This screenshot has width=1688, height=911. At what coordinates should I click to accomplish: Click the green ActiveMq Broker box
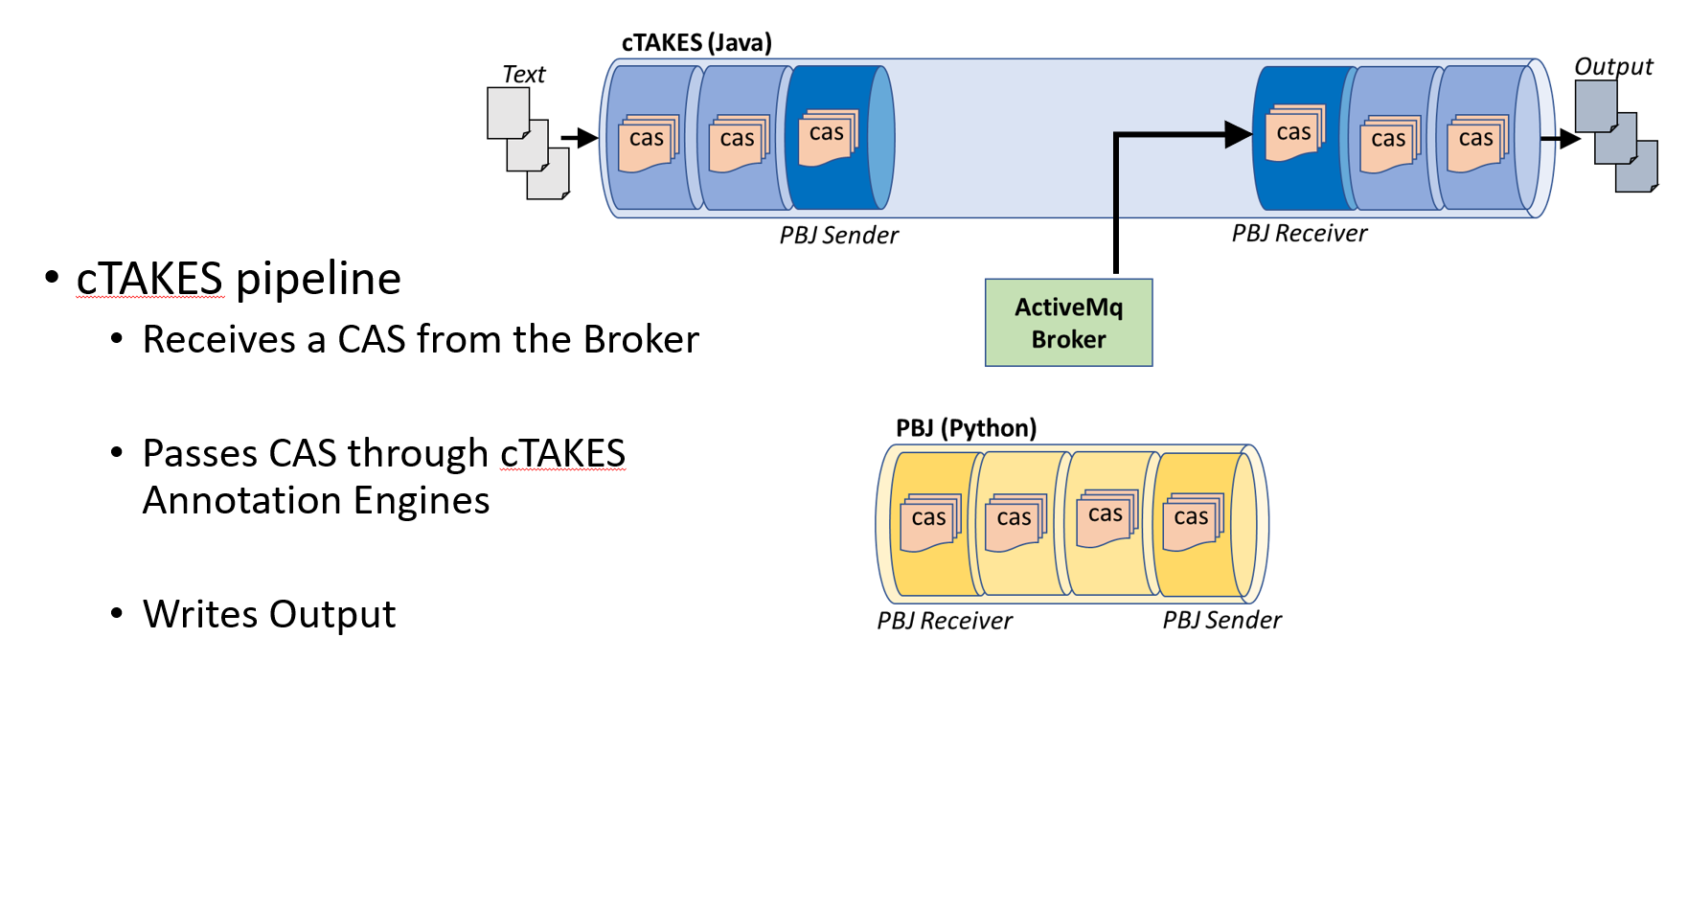coord(1068,323)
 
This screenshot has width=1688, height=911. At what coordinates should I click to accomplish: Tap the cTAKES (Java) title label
coord(696,43)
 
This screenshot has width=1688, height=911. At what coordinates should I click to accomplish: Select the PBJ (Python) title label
coord(966,428)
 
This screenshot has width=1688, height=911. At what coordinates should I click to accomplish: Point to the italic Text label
coord(523,75)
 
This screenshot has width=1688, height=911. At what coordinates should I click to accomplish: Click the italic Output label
coord(1613,67)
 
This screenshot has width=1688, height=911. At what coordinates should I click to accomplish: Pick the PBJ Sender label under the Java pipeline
coord(838,236)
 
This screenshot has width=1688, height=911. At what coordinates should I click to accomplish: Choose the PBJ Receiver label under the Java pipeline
coord(1299,234)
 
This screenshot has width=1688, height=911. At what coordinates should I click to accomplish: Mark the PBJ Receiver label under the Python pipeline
coord(945,622)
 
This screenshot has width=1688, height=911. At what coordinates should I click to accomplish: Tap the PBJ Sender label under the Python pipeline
coord(1221,621)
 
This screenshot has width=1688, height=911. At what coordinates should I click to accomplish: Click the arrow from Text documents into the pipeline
coord(580,138)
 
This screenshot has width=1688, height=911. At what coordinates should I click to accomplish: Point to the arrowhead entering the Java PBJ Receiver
coord(1239,135)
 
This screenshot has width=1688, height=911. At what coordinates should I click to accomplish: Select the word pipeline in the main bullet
coord(318,280)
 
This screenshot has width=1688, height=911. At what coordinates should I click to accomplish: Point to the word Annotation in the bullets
coord(242,501)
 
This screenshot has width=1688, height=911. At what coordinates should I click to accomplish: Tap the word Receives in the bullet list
coord(219,340)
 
